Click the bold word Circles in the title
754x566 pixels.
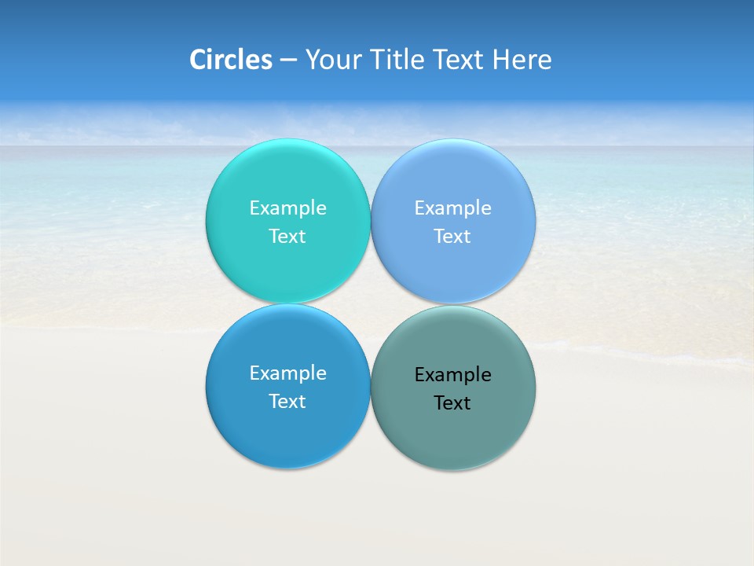point(230,60)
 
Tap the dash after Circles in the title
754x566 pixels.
point(288,60)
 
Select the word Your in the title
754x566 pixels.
point(333,60)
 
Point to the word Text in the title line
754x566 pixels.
point(459,60)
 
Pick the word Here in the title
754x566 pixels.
point(522,60)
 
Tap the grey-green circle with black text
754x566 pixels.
point(452,432)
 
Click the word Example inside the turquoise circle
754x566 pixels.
point(287,208)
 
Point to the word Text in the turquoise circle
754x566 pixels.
point(287,237)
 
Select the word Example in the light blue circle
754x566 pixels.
point(452,208)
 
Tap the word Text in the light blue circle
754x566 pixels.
point(452,237)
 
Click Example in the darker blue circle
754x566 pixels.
point(287,373)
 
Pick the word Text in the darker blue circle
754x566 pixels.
point(287,402)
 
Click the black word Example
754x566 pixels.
point(452,375)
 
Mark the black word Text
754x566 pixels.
point(452,403)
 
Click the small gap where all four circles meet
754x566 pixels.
point(370,303)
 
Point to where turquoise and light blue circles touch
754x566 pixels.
point(370,221)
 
